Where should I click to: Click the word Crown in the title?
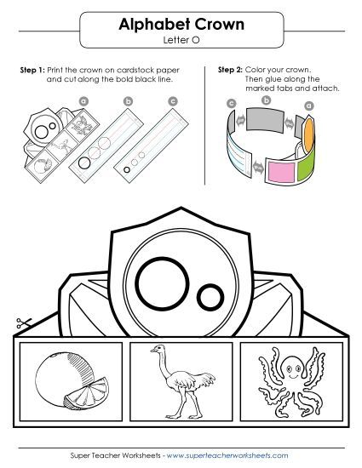[x=215, y=25]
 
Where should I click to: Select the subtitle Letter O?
[x=181, y=39]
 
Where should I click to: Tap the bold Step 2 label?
[x=232, y=68]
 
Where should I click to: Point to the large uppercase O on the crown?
[x=158, y=281]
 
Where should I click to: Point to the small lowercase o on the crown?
[x=210, y=296]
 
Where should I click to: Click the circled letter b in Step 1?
[x=129, y=101]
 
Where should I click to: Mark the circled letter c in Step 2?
[x=232, y=103]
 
